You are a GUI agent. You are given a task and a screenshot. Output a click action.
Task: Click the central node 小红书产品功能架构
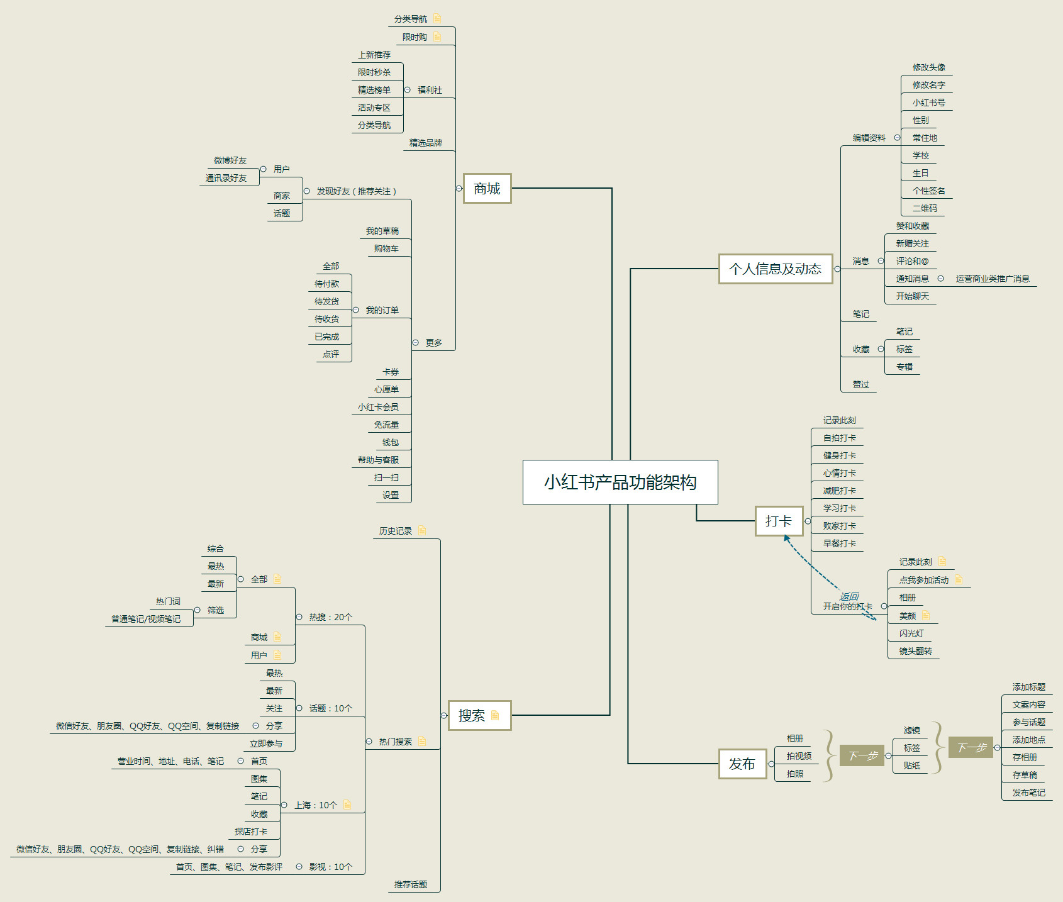click(x=620, y=482)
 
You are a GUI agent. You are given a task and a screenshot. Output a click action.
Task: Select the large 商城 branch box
click(x=487, y=188)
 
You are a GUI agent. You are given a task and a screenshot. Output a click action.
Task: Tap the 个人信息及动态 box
click(x=775, y=269)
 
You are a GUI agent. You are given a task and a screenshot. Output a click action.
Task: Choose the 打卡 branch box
click(x=779, y=521)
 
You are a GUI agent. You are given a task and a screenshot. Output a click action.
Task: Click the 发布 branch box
click(x=742, y=764)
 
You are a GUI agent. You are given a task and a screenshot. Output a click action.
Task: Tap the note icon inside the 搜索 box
click(x=495, y=715)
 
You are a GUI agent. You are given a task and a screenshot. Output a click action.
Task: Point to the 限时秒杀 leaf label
click(x=374, y=72)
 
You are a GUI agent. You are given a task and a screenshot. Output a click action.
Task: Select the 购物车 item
click(x=386, y=248)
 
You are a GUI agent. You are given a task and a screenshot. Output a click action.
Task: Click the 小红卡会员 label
click(x=378, y=407)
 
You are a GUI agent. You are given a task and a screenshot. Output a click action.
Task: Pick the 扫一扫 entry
click(x=386, y=477)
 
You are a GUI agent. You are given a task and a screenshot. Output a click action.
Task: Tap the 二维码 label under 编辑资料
click(x=925, y=208)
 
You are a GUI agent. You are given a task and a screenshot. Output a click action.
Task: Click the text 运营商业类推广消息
click(x=993, y=279)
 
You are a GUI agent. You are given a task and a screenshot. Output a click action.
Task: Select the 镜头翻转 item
click(x=916, y=651)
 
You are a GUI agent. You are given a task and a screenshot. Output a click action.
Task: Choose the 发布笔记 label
click(x=1028, y=793)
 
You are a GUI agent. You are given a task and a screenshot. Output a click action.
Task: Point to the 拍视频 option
click(x=799, y=756)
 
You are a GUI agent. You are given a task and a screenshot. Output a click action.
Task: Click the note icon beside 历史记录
click(x=422, y=531)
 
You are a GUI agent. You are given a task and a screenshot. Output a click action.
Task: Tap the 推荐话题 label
click(x=411, y=884)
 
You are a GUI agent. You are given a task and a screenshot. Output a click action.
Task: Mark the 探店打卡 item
click(x=251, y=832)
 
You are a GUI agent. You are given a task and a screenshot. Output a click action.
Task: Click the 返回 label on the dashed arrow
click(x=849, y=596)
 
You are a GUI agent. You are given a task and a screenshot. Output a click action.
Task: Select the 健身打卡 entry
click(x=839, y=455)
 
